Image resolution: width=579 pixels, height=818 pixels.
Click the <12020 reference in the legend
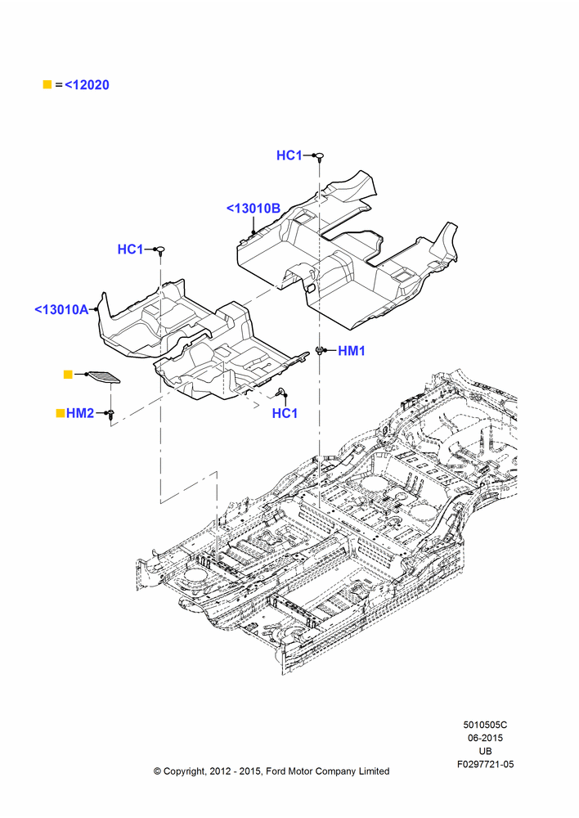87,84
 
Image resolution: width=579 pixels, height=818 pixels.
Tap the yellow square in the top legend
47,84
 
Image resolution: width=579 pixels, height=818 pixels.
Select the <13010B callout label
254,208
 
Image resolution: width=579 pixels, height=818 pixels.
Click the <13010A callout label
61,309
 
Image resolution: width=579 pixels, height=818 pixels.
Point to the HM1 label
352,351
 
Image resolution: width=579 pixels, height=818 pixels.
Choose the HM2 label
80,413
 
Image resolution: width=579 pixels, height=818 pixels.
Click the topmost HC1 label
289,155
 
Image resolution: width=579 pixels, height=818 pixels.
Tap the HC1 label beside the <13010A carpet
130,249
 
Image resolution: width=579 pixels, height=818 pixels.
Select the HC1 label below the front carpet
285,413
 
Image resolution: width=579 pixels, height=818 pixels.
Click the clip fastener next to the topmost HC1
319,156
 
